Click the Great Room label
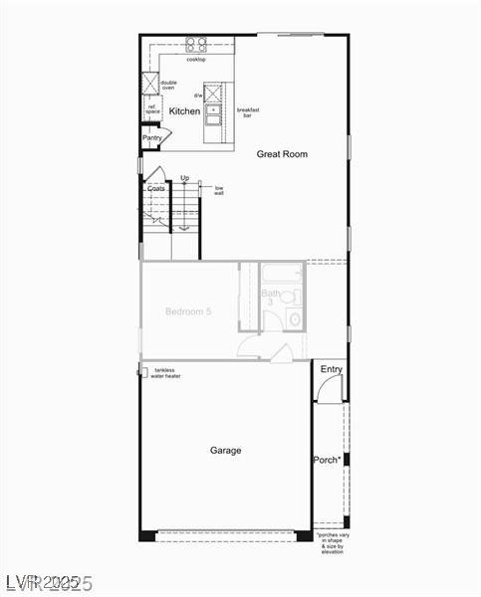click(x=282, y=154)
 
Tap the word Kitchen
click(x=184, y=111)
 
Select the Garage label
click(x=225, y=451)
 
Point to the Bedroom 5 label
click(x=188, y=311)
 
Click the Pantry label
click(x=151, y=138)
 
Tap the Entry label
click(x=331, y=370)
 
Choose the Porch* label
click(x=327, y=460)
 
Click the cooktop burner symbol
click(x=196, y=45)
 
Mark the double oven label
click(x=168, y=86)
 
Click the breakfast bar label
click(x=248, y=112)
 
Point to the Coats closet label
click(x=156, y=188)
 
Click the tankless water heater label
click(x=166, y=373)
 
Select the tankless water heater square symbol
click(x=143, y=372)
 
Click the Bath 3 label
click(x=271, y=298)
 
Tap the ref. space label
click(x=152, y=109)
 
